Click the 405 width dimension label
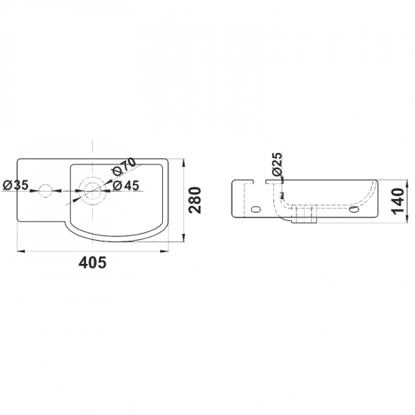coord(93,263)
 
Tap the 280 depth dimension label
coord(195,200)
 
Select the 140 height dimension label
coord(398,201)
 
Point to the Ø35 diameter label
coord(15,185)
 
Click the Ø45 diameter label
coord(126,186)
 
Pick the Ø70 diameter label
coord(124,167)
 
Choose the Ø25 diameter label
coord(278,164)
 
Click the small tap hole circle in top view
coord(45,191)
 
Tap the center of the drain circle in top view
coord(92,191)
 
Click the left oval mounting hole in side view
coord(256,209)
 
